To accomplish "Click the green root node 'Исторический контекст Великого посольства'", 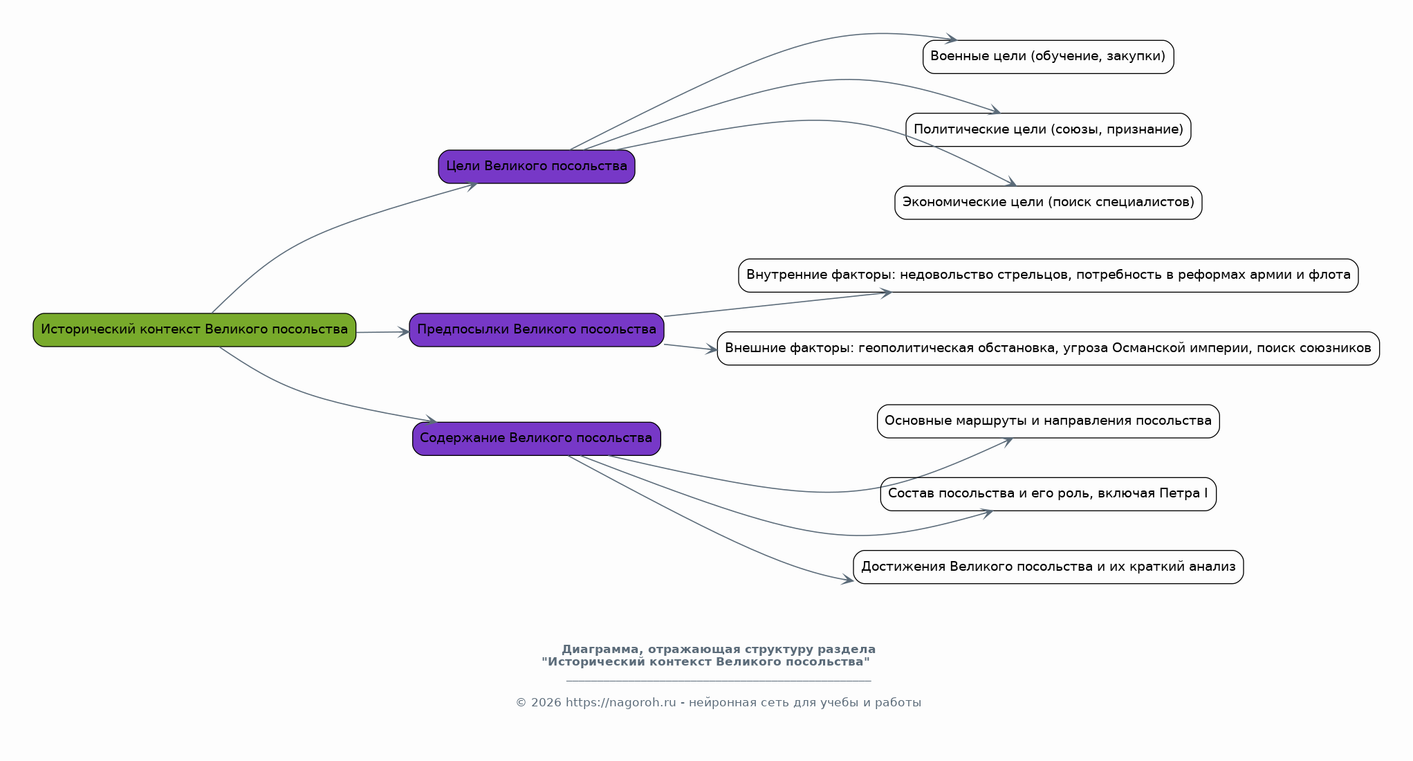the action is point(194,330).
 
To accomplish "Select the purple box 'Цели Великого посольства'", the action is point(537,167).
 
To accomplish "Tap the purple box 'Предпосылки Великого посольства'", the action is point(537,330).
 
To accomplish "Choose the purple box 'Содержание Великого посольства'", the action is point(537,439).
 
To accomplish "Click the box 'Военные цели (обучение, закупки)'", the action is point(1048,57).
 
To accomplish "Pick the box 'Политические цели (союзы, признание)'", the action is point(1048,130).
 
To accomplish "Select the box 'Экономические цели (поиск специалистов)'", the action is point(1048,203).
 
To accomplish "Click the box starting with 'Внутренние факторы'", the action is point(1048,275).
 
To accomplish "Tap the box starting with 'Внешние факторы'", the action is point(1048,349).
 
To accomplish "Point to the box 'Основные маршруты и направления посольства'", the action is point(1048,421).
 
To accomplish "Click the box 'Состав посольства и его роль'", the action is point(1048,494).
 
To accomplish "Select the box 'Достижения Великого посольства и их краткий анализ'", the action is point(1048,567).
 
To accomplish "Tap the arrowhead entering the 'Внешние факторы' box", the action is point(711,350).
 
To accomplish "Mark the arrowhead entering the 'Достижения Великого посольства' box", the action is point(847,580).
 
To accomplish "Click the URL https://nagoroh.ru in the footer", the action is point(620,703).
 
